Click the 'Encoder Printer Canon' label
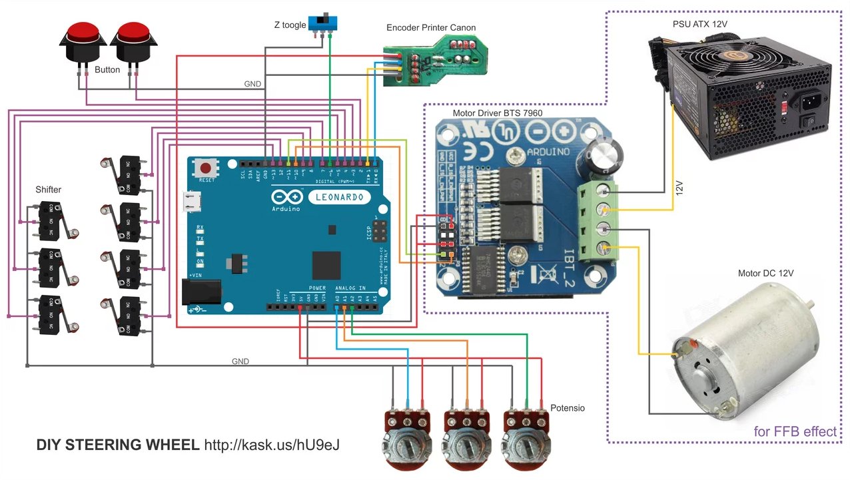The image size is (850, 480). click(x=431, y=28)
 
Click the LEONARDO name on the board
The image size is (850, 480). click(x=340, y=197)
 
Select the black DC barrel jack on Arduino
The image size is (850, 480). click(x=201, y=291)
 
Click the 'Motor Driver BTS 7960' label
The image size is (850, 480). click(x=497, y=113)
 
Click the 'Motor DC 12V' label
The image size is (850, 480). click(x=765, y=274)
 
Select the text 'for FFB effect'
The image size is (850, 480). click(x=795, y=431)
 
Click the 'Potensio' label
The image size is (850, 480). click(x=567, y=407)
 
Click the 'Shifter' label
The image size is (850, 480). click(x=48, y=190)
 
